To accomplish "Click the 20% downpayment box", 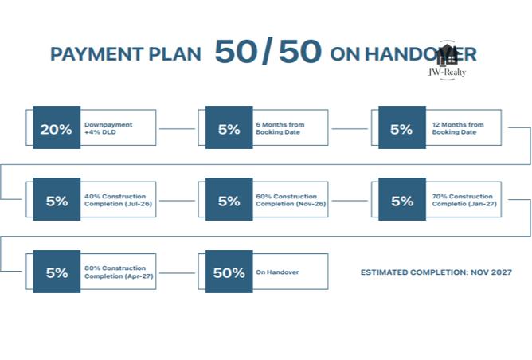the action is (x=57, y=127).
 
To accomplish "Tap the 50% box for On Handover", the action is (x=229, y=272).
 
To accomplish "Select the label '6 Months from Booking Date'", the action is (x=280, y=128).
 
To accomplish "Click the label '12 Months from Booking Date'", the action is (x=458, y=128).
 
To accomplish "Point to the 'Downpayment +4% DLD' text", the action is (x=108, y=128).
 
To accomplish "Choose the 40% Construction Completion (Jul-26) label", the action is (x=118, y=200).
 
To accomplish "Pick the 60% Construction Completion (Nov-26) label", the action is (x=291, y=200).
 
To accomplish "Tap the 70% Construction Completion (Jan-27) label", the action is (x=464, y=200).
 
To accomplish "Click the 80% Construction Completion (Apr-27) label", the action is (x=119, y=272).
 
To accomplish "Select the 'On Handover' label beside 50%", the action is (x=277, y=272).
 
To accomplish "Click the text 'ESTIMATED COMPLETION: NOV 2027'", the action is (x=436, y=272).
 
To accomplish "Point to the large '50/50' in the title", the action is (x=268, y=51).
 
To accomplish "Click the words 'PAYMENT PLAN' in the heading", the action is (x=126, y=54).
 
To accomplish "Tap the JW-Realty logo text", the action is (x=447, y=72).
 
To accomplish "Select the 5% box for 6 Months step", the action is (x=229, y=127).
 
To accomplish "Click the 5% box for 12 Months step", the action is (x=402, y=127).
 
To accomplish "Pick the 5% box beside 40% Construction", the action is (x=57, y=199).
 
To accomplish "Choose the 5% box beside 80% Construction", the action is (x=57, y=272).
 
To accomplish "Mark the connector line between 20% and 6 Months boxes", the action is (x=177, y=129).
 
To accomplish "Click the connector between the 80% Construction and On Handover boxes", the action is (x=177, y=273).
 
